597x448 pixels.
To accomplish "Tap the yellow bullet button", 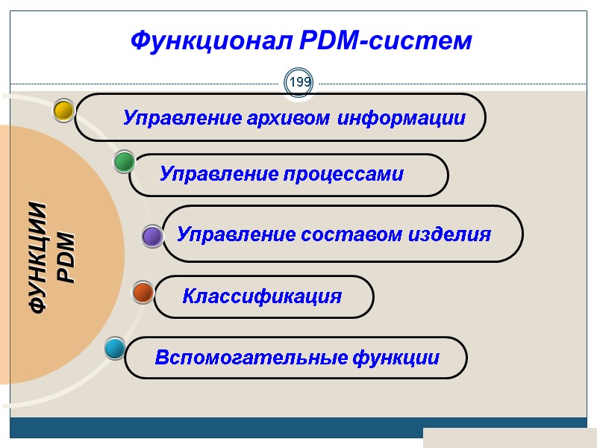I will tap(63, 111).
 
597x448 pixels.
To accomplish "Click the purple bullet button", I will tap(152, 237).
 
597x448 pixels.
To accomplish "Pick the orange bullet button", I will tap(143, 292).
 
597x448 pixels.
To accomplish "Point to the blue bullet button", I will tap(115, 348).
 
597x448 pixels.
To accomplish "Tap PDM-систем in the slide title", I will tap(386, 40).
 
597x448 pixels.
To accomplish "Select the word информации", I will tap(402, 118).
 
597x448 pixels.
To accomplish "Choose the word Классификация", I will tap(262, 296).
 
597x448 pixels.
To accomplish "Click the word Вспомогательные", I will tap(251, 358).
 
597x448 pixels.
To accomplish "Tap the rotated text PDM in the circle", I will tap(66, 258).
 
